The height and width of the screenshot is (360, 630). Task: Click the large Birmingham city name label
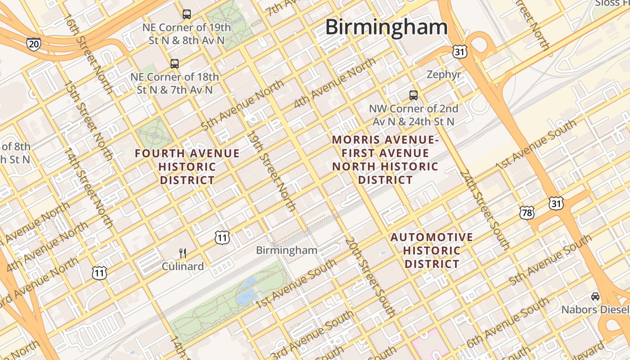point(386,27)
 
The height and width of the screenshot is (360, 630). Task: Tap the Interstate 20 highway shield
point(33,44)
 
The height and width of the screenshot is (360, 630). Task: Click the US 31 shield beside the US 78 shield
point(556,204)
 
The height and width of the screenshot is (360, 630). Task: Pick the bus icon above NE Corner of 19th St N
point(186,14)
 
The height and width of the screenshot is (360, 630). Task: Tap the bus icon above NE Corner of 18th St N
point(174,64)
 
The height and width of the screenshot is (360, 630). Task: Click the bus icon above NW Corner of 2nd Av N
point(413,95)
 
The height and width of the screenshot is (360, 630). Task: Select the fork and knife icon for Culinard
point(182,253)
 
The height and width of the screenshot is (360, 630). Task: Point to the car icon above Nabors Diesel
point(595,297)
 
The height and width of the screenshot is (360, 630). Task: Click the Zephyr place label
point(444,75)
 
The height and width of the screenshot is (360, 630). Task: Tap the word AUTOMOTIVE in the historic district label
point(432,237)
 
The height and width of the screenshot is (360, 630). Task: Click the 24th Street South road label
point(484,210)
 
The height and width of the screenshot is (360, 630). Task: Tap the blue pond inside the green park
point(246,292)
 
